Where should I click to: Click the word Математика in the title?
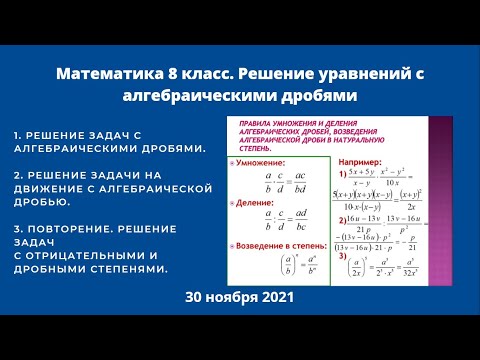pyautogui.click(x=100, y=75)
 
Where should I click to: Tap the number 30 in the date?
pyautogui.click(x=194, y=299)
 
